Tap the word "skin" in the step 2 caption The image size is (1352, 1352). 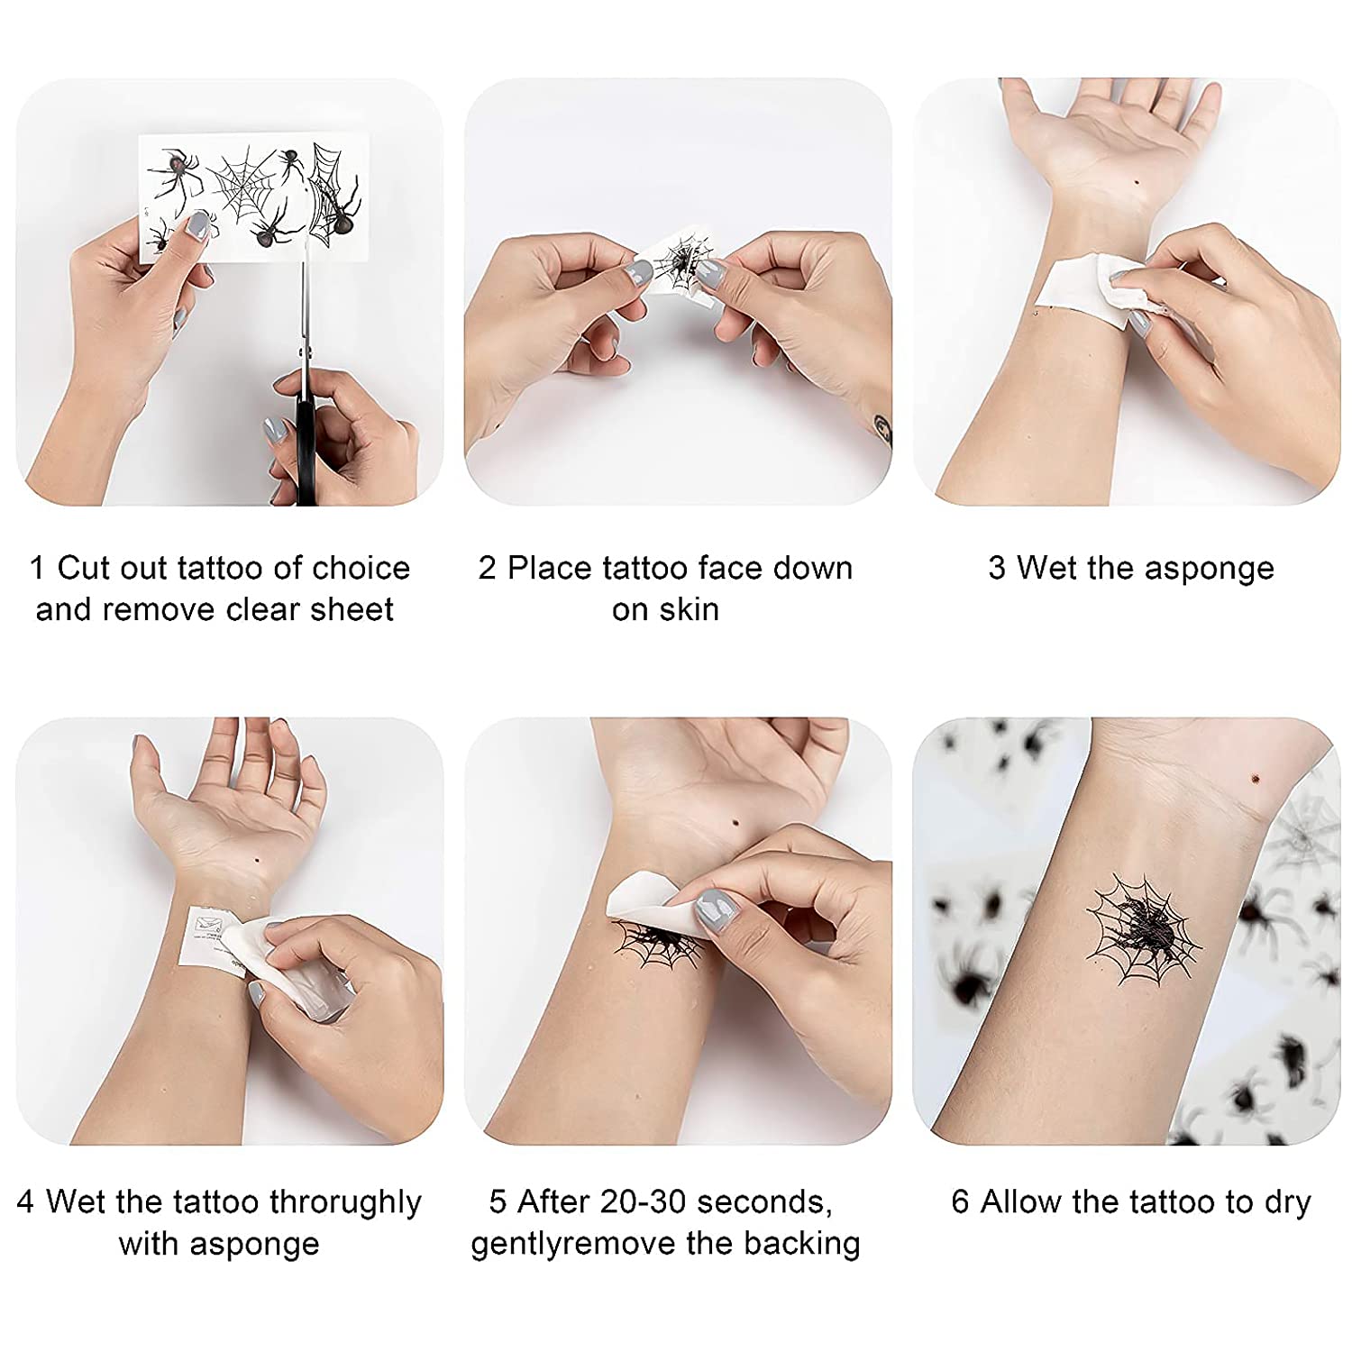pos(691,609)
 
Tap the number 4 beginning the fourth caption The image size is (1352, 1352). pos(25,1202)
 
